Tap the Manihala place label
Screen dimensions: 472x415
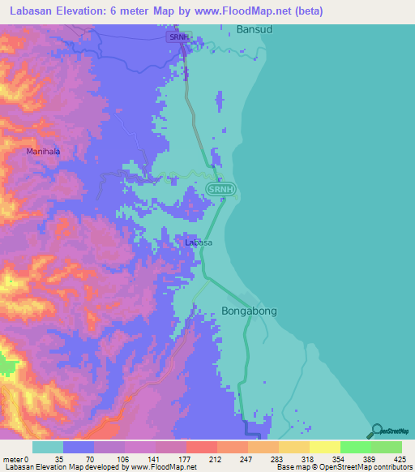point(43,151)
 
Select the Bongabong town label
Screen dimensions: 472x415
point(249,310)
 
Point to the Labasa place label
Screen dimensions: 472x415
point(199,242)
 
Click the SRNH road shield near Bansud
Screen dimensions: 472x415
point(178,37)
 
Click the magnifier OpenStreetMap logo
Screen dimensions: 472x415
point(376,430)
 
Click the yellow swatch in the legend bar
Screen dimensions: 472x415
point(324,447)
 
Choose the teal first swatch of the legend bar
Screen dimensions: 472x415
point(48,447)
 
